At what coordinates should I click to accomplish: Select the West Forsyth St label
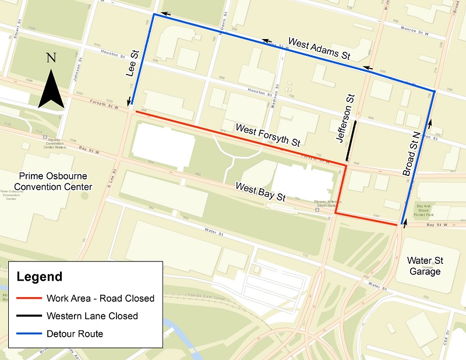267,135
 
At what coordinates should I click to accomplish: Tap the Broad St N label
412,154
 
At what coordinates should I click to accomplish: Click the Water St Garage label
424,266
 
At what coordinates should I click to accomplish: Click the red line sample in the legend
27,298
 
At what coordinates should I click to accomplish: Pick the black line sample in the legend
27,316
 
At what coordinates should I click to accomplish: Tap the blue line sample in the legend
27,334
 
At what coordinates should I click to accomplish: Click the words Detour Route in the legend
76,334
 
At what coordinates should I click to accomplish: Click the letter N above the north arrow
51,58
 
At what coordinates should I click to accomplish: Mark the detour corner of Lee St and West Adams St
153,15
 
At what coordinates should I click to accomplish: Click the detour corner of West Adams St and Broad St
434,91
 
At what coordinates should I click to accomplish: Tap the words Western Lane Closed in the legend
93,316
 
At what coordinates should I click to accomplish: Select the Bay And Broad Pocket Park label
428,210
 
